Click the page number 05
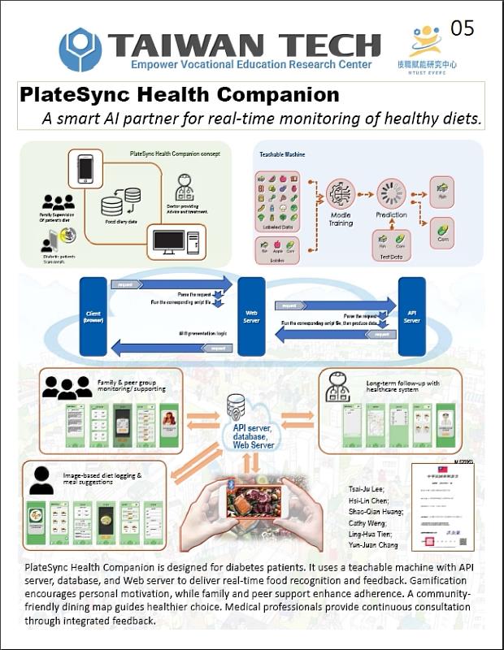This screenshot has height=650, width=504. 462,29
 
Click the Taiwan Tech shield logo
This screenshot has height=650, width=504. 80,49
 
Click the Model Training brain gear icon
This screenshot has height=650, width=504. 339,193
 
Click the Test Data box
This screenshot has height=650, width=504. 390,241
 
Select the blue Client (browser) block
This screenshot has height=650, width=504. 93,314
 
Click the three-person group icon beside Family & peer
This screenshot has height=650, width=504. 66,388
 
